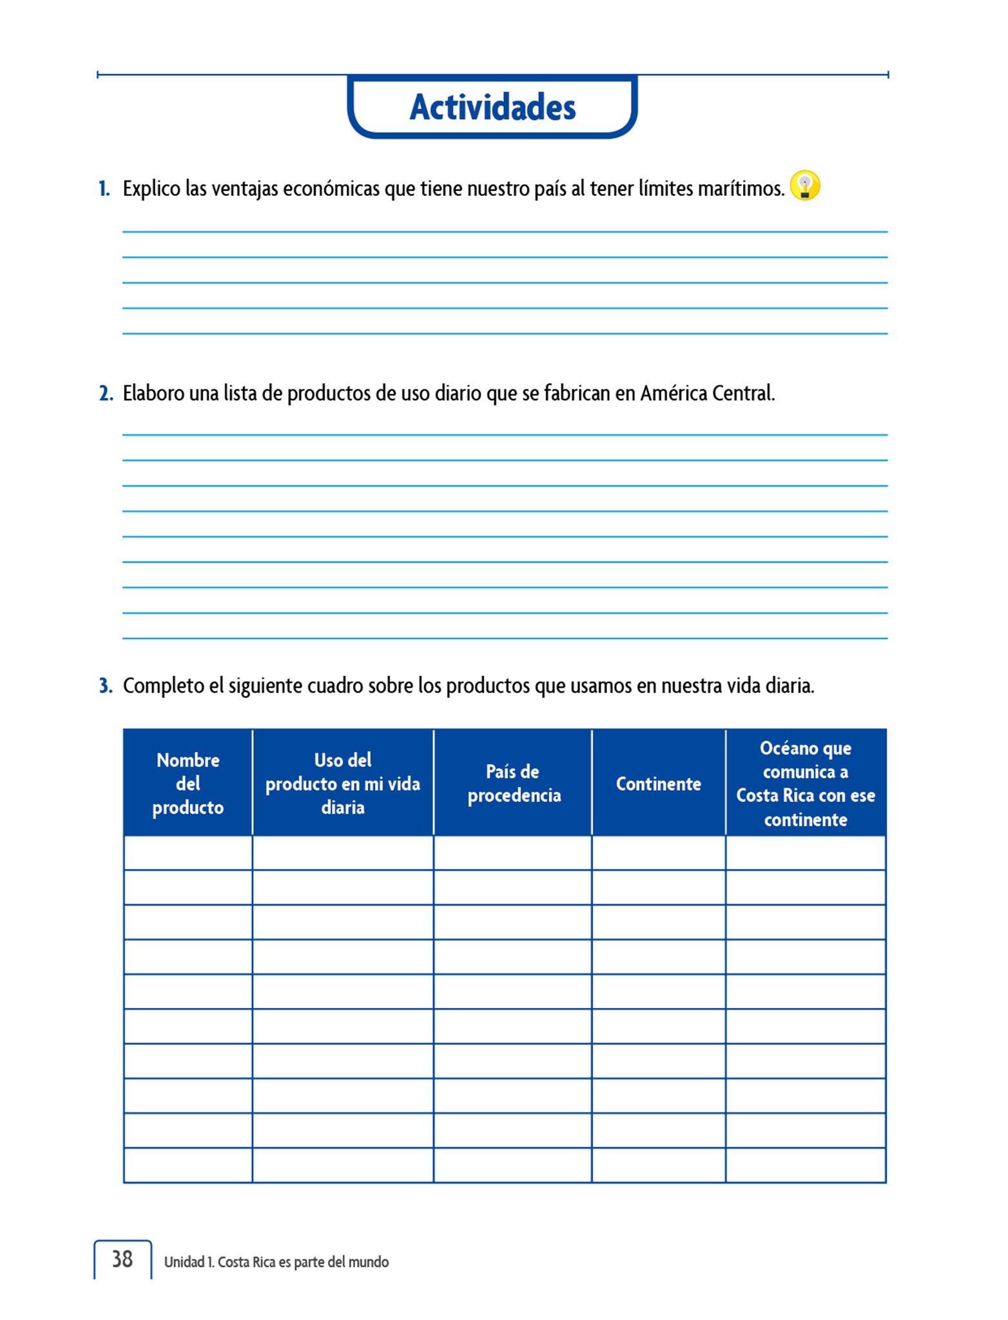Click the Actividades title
click(x=492, y=107)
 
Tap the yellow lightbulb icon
click(x=804, y=186)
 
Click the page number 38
click(x=122, y=1259)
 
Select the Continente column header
click(x=658, y=784)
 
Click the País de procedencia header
click(x=514, y=783)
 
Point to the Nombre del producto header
click(x=188, y=783)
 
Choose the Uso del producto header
click(x=343, y=783)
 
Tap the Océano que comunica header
click(x=806, y=783)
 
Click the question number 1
click(x=104, y=189)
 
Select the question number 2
click(x=106, y=393)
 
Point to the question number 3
click(x=106, y=686)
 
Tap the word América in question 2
click(x=671, y=393)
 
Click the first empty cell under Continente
click(x=658, y=853)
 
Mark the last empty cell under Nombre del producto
click(x=188, y=1165)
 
